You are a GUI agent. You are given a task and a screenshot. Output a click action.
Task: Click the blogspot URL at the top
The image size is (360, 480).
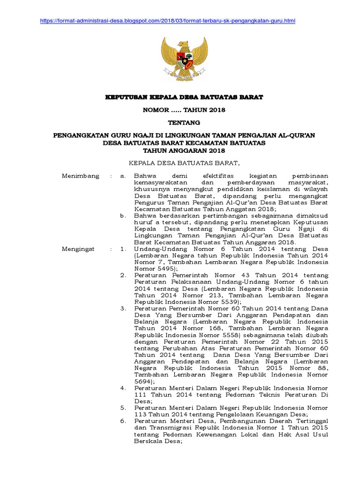(x=168, y=21)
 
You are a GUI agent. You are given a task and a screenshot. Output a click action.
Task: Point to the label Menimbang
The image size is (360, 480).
(x=81, y=176)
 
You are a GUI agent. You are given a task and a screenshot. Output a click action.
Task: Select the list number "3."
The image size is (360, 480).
(x=123, y=309)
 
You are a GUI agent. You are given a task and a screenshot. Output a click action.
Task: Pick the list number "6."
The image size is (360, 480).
(x=123, y=421)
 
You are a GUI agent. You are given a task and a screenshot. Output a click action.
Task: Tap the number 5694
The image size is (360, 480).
(x=142, y=382)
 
